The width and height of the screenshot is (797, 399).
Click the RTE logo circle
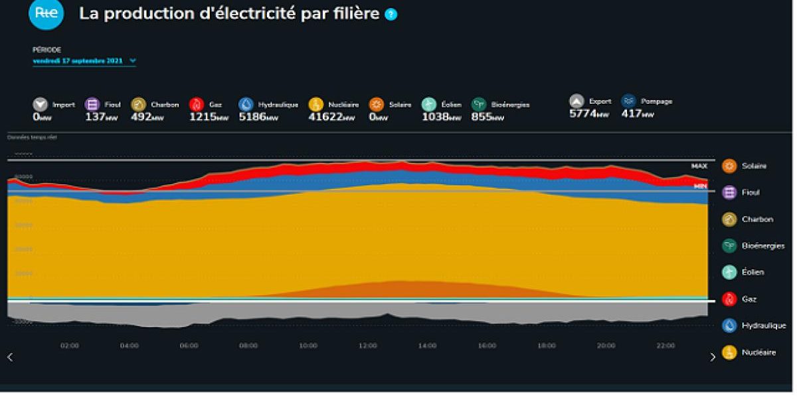46,13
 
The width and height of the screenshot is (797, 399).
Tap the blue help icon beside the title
391,14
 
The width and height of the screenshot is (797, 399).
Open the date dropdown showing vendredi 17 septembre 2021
84,61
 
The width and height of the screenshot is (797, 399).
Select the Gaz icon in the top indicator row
196,104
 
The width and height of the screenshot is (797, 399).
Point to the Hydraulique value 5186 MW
258,116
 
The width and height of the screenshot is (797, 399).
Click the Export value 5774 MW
588,114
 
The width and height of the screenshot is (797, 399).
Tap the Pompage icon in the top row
628,101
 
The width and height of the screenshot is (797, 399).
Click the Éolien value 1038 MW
441,116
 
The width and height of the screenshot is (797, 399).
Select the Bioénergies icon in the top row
479,104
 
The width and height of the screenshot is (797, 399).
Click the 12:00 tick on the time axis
368,346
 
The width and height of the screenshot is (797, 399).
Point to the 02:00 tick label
70,346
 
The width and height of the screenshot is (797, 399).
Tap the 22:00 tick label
665,346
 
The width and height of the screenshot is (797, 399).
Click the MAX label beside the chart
699,166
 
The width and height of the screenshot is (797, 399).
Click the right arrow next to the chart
713,357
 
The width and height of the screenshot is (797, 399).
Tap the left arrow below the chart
10,357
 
